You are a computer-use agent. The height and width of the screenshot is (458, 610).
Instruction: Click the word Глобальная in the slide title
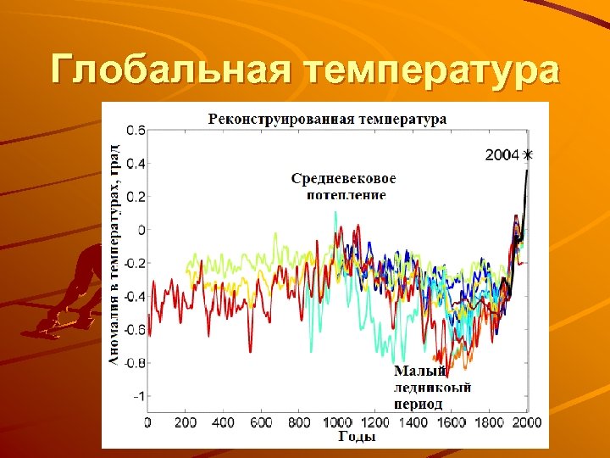tap(169, 70)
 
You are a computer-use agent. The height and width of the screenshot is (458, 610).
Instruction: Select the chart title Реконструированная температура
tap(327, 119)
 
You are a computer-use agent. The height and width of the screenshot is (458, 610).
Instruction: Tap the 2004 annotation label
tap(502, 155)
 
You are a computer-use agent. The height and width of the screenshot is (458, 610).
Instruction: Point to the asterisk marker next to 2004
tap(529, 155)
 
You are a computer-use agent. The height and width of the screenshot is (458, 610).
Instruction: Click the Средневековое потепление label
tap(344, 186)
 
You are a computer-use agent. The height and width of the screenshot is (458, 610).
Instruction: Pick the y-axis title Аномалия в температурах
tap(114, 254)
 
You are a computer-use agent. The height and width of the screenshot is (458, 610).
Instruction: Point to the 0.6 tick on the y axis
tap(136, 131)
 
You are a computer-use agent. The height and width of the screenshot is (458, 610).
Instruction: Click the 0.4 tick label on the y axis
tap(136, 164)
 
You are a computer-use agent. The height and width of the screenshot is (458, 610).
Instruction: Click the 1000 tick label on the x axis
tap(337, 422)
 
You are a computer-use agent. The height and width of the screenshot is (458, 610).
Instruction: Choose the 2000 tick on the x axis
tap(527, 422)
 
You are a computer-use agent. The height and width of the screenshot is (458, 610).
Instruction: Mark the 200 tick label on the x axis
tap(186, 422)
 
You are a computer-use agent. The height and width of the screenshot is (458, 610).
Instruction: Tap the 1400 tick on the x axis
tap(413, 422)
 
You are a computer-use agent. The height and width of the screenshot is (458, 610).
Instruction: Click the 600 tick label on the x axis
tap(262, 422)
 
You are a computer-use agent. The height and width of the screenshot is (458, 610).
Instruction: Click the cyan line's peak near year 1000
tap(335, 213)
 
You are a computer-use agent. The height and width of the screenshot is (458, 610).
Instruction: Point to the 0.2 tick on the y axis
tap(136, 197)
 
